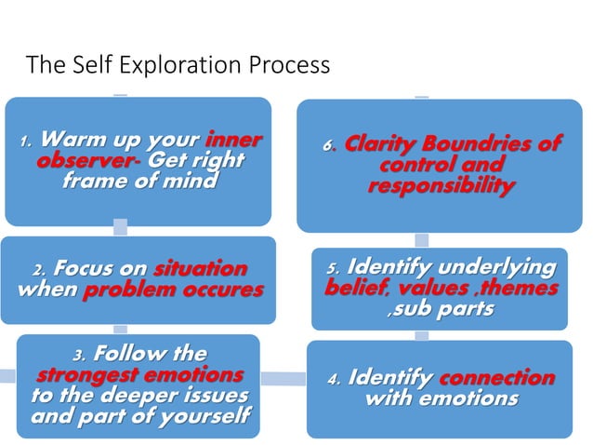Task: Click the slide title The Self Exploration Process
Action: point(178,65)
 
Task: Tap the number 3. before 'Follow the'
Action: point(80,355)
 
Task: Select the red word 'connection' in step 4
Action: point(496,378)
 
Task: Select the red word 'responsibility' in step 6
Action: point(441,186)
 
